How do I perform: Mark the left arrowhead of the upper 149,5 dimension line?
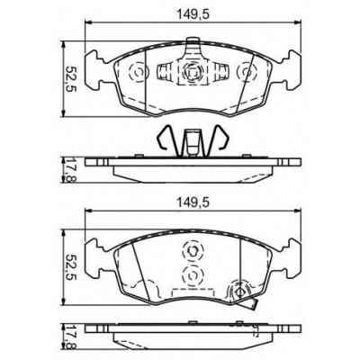[x=88, y=24]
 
